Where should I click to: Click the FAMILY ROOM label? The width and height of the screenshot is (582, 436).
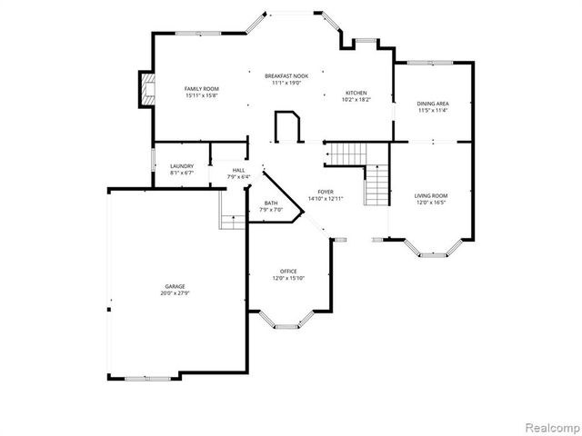pyautogui.click(x=202, y=88)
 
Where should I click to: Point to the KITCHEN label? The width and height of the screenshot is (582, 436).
pyautogui.click(x=356, y=93)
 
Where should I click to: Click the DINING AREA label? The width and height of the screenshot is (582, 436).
pyautogui.click(x=432, y=104)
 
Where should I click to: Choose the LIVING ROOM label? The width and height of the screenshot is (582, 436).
pyautogui.click(x=431, y=195)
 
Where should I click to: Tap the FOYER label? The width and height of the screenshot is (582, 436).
pyautogui.click(x=326, y=192)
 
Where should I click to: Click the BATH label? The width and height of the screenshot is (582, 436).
pyautogui.click(x=271, y=203)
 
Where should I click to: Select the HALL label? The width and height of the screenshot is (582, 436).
pyautogui.click(x=238, y=170)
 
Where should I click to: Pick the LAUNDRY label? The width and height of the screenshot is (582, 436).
pyautogui.click(x=182, y=165)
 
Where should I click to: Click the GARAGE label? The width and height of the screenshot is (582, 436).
pyautogui.click(x=175, y=286)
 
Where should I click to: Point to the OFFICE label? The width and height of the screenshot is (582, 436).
pyautogui.click(x=288, y=272)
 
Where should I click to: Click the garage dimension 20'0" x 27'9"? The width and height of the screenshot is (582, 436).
pyautogui.click(x=175, y=292)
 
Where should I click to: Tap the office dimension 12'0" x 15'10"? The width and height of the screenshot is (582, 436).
pyautogui.click(x=288, y=278)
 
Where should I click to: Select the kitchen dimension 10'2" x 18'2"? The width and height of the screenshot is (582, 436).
pyautogui.click(x=356, y=100)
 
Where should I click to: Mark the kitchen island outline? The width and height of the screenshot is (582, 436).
pyautogui.click(x=286, y=125)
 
